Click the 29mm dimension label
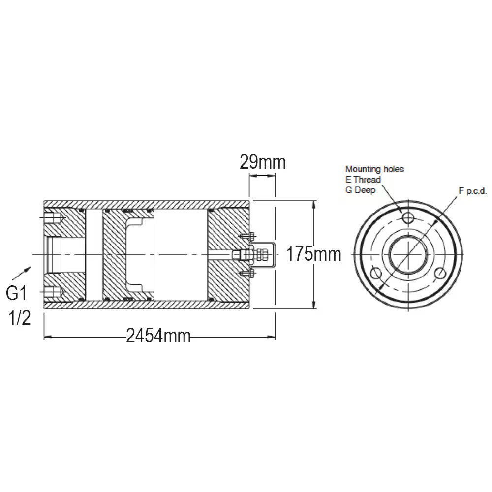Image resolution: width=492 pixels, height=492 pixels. click(263, 162)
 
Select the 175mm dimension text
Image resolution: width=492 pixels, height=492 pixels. click(314, 254)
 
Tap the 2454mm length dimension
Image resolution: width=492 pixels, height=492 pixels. click(158, 336)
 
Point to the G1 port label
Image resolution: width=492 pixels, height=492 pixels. click(17, 293)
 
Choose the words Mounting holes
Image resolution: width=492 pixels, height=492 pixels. click(374, 169)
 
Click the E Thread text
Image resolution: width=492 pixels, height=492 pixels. click(363, 180)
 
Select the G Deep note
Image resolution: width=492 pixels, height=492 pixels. click(360, 190)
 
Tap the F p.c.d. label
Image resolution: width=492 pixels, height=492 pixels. click(473, 191)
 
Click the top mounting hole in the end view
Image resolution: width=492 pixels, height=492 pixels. click(408, 217)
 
